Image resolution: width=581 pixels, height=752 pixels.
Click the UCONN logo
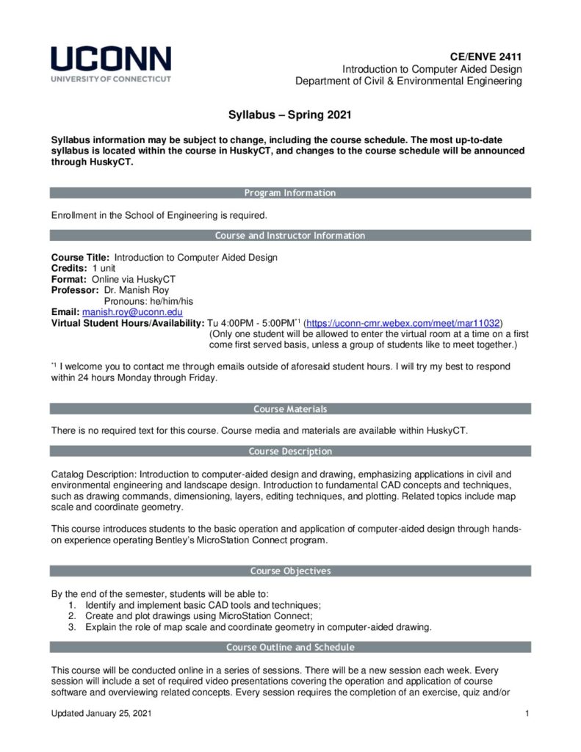pos(110,64)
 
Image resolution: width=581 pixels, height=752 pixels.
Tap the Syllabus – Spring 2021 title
pos(290,115)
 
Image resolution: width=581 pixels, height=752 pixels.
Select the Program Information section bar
pos(290,193)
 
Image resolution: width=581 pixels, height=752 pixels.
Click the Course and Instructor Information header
pos(290,236)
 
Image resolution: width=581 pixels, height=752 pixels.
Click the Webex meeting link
pos(403,322)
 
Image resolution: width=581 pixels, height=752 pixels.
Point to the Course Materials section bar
pos(290,409)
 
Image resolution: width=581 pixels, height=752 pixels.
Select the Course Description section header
pos(290,451)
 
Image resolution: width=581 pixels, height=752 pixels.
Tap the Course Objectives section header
pos(290,571)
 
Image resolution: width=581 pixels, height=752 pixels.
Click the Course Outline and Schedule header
pos(290,647)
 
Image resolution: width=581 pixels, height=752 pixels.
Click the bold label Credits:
pos(69,269)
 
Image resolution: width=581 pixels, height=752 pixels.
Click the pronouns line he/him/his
pos(148,301)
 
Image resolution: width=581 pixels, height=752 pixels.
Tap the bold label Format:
pos(68,280)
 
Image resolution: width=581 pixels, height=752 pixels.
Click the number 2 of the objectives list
pos(71,615)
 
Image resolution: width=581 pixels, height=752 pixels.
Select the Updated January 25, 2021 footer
pos(102,714)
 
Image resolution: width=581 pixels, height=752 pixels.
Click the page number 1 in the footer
pos(527,714)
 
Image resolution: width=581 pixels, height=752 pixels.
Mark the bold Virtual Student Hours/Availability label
pos(127,322)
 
